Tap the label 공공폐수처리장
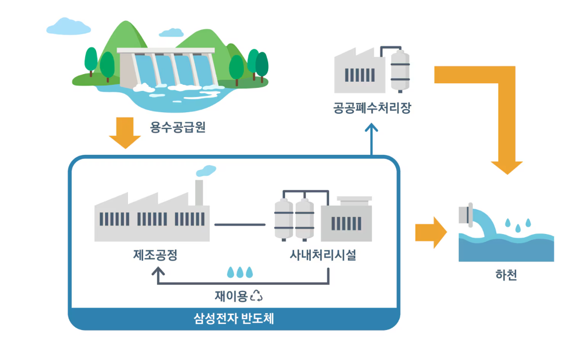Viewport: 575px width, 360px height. click(x=371, y=108)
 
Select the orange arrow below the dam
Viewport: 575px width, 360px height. click(x=125, y=133)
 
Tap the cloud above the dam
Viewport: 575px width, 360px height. click(x=68, y=26)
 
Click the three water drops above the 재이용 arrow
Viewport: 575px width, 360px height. click(x=240, y=272)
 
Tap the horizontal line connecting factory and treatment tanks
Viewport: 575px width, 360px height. click(x=240, y=224)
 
